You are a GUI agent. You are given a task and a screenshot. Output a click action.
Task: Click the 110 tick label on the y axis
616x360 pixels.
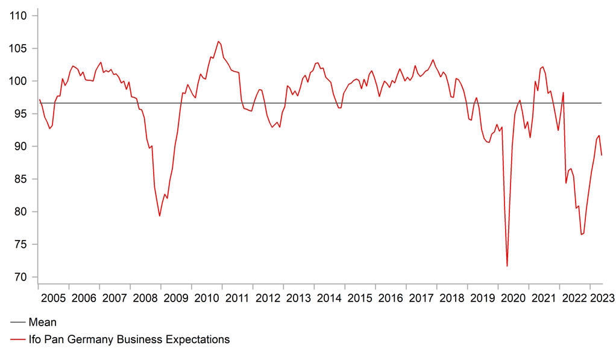[x=20, y=16]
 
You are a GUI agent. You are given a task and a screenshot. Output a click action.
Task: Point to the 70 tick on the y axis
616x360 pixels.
[x=22, y=277]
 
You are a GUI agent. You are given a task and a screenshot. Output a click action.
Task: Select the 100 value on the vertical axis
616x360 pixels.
[x=20, y=81]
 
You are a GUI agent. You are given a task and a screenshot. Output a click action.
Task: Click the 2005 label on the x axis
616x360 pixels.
[x=53, y=298]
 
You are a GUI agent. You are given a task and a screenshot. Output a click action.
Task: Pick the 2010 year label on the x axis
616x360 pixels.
[x=207, y=298]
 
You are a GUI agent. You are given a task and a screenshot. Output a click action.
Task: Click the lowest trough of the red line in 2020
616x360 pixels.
[x=507, y=266]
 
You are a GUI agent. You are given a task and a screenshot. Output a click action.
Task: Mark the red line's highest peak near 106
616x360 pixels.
[x=218, y=42]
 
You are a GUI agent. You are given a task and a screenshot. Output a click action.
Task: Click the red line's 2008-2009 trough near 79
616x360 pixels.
[x=160, y=216]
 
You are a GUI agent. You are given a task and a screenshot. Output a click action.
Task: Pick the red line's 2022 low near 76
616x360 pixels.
[x=581, y=234]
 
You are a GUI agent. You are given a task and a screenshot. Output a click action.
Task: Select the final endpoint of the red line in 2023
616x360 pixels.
[x=602, y=156]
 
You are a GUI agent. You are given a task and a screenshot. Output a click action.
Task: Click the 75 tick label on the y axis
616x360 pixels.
[x=22, y=244]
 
